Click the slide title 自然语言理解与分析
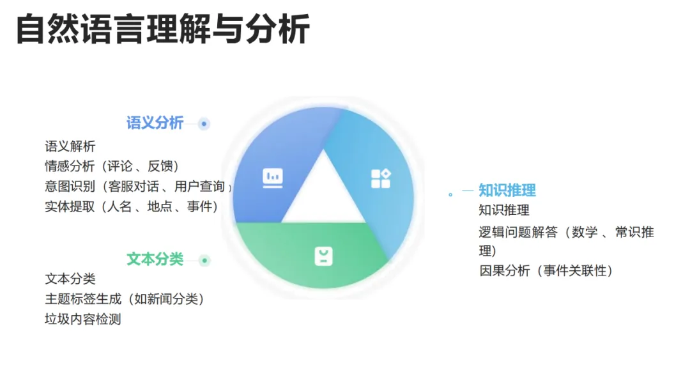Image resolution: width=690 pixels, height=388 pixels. click(x=163, y=29)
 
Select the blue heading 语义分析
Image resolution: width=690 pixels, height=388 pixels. click(x=155, y=123)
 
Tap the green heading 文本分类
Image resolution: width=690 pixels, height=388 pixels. click(x=155, y=259)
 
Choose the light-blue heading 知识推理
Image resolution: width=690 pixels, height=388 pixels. click(x=507, y=190)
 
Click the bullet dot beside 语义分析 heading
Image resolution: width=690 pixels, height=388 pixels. click(x=204, y=124)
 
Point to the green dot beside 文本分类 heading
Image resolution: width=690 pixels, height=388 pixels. click(x=204, y=260)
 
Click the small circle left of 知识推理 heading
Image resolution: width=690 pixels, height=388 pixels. click(x=450, y=194)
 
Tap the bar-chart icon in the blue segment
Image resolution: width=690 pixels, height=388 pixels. click(x=273, y=178)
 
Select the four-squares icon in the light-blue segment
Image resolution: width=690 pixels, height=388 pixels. click(x=381, y=178)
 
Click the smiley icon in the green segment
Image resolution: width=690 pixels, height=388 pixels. click(x=323, y=256)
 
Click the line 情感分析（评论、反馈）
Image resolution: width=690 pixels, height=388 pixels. click(x=112, y=166)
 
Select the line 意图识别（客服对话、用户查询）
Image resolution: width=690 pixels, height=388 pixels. click(x=138, y=186)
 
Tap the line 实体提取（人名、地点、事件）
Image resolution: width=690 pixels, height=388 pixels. click(x=132, y=206)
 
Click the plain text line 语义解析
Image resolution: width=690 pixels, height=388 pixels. click(x=70, y=146)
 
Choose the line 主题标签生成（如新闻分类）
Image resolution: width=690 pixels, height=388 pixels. click(x=125, y=299)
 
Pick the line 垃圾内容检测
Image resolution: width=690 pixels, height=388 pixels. click(x=82, y=319)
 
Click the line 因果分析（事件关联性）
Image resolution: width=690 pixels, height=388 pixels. click(x=546, y=270)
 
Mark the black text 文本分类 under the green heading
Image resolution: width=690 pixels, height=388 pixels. click(x=70, y=279)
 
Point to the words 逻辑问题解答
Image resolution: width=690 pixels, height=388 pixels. click(x=518, y=231)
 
